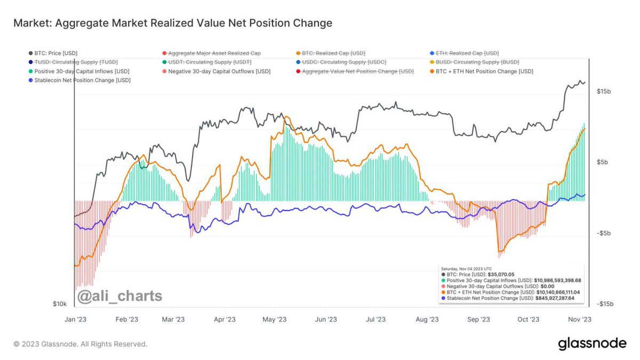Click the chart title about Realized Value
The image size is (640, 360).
[172, 23]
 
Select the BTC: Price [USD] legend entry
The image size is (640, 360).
[55, 53]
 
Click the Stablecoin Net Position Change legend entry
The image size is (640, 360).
[82, 80]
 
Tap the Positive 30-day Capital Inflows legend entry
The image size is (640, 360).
[81, 71]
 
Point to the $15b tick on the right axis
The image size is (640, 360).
[604, 92]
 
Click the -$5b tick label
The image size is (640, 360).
[604, 233]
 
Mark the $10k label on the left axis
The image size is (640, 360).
[60, 304]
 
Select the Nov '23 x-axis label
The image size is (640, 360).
[579, 319]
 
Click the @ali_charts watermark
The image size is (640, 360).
[119, 295]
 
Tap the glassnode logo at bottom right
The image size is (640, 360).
[592, 344]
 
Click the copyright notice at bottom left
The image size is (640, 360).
[80, 345]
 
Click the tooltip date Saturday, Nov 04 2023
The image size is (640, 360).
[466, 268]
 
